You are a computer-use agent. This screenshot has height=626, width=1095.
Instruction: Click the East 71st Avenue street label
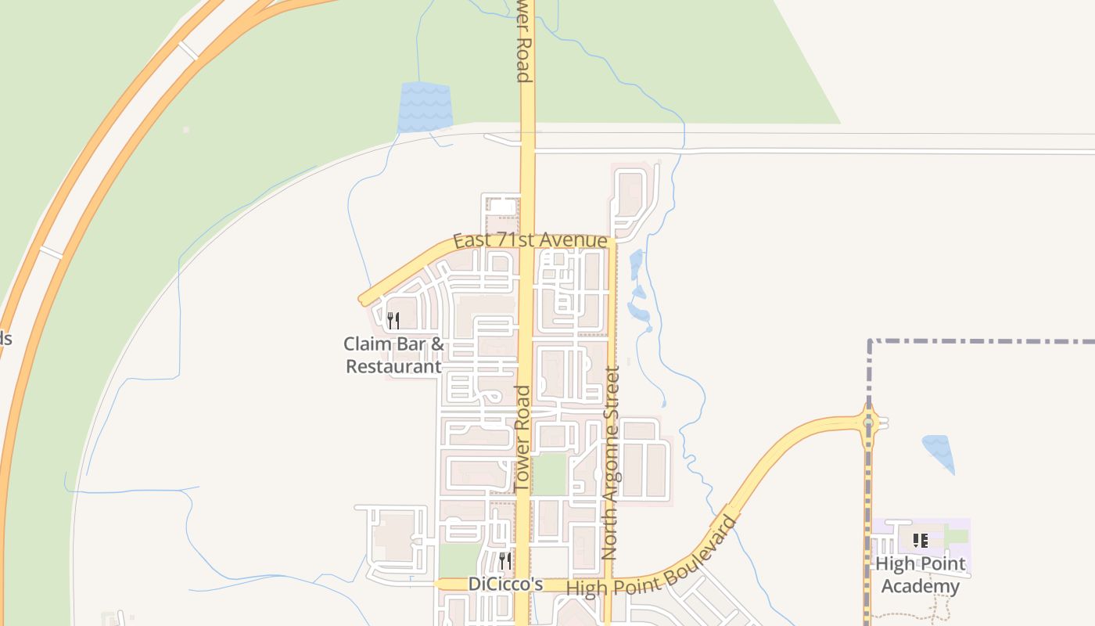(530, 240)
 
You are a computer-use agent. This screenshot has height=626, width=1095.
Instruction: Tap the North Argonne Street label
(611, 462)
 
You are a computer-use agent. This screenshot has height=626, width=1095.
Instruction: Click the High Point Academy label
(920, 575)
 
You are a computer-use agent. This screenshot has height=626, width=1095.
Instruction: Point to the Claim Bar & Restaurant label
(393, 354)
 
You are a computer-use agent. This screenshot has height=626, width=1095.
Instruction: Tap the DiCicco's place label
(505, 584)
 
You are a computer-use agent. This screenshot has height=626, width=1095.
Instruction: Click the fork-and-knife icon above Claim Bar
(393, 320)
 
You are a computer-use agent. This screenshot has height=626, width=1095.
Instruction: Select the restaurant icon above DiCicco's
(505, 560)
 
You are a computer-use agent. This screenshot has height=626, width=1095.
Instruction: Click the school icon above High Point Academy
(921, 540)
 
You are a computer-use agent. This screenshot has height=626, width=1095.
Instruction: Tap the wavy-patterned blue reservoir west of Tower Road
(425, 107)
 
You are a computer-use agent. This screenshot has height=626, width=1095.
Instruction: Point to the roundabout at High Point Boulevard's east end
(868, 423)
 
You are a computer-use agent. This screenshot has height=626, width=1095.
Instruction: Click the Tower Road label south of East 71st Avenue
(522, 438)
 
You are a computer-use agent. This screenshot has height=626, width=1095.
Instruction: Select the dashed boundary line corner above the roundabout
(870, 342)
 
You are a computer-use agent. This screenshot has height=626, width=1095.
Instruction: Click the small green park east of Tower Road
(550, 473)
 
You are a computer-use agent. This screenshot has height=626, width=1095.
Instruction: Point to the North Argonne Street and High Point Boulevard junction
(608, 581)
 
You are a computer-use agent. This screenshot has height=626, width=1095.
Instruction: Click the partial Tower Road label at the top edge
(522, 43)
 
